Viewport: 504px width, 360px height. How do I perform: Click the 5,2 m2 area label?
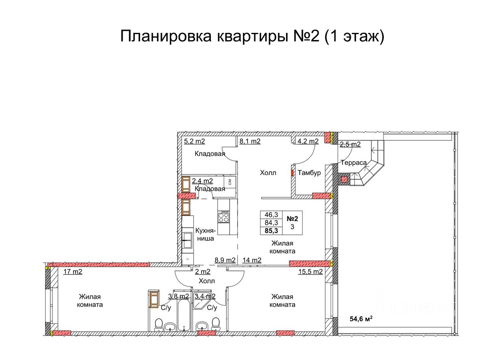pyautogui.click(x=195, y=141)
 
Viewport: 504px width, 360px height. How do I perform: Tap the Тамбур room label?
pyautogui.click(x=309, y=172)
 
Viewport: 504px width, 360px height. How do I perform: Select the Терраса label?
pyautogui.click(x=353, y=163)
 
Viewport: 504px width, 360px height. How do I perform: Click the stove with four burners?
pyautogui.click(x=224, y=217)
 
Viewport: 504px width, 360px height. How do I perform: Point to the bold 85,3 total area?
pyautogui.click(x=271, y=231)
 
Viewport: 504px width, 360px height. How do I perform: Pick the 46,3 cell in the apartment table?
pyautogui.click(x=271, y=215)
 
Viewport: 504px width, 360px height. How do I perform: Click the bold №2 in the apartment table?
pyautogui.click(x=292, y=219)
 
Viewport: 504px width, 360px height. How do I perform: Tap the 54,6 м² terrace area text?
pyautogui.click(x=361, y=319)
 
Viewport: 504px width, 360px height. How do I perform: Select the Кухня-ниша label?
pyautogui.click(x=205, y=235)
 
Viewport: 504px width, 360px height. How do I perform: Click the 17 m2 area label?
pyautogui.click(x=73, y=272)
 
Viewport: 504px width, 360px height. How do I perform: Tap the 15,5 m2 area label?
pyautogui.click(x=311, y=272)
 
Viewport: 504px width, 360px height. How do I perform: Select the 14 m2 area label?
pyautogui.click(x=252, y=260)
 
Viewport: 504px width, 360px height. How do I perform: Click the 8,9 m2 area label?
pyautogui.click(x=225, y=260)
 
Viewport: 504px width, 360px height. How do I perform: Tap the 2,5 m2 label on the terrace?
pyautogui.click(x=350, y=144)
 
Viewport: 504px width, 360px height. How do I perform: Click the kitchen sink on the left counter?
pyautogui.click(x=187, y=240)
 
